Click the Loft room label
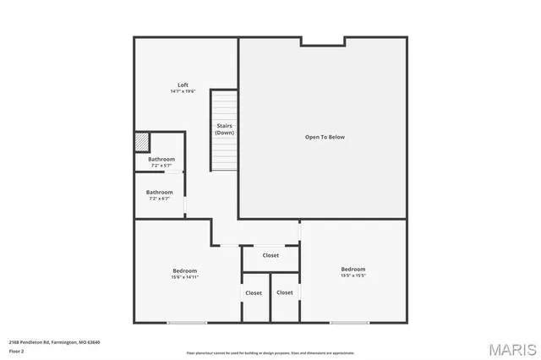point(183,85)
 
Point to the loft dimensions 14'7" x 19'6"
point(183,91)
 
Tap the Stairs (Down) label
point(224,129)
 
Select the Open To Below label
point(325,137)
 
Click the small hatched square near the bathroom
point(142,141)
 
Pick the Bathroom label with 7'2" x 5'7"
point(161,160)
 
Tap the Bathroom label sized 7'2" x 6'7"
point(160,192)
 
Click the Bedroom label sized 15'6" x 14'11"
point(184,270)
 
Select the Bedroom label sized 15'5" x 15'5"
point(353,270)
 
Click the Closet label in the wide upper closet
point(270,255)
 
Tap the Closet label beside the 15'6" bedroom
point(254,293)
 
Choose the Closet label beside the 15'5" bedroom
point(285,292)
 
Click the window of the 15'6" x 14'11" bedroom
point(186,322)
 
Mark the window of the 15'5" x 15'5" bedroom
point(348,322)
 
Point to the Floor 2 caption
point(17,351)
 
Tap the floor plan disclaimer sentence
point(270,353)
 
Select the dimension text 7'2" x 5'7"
point(161,166)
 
